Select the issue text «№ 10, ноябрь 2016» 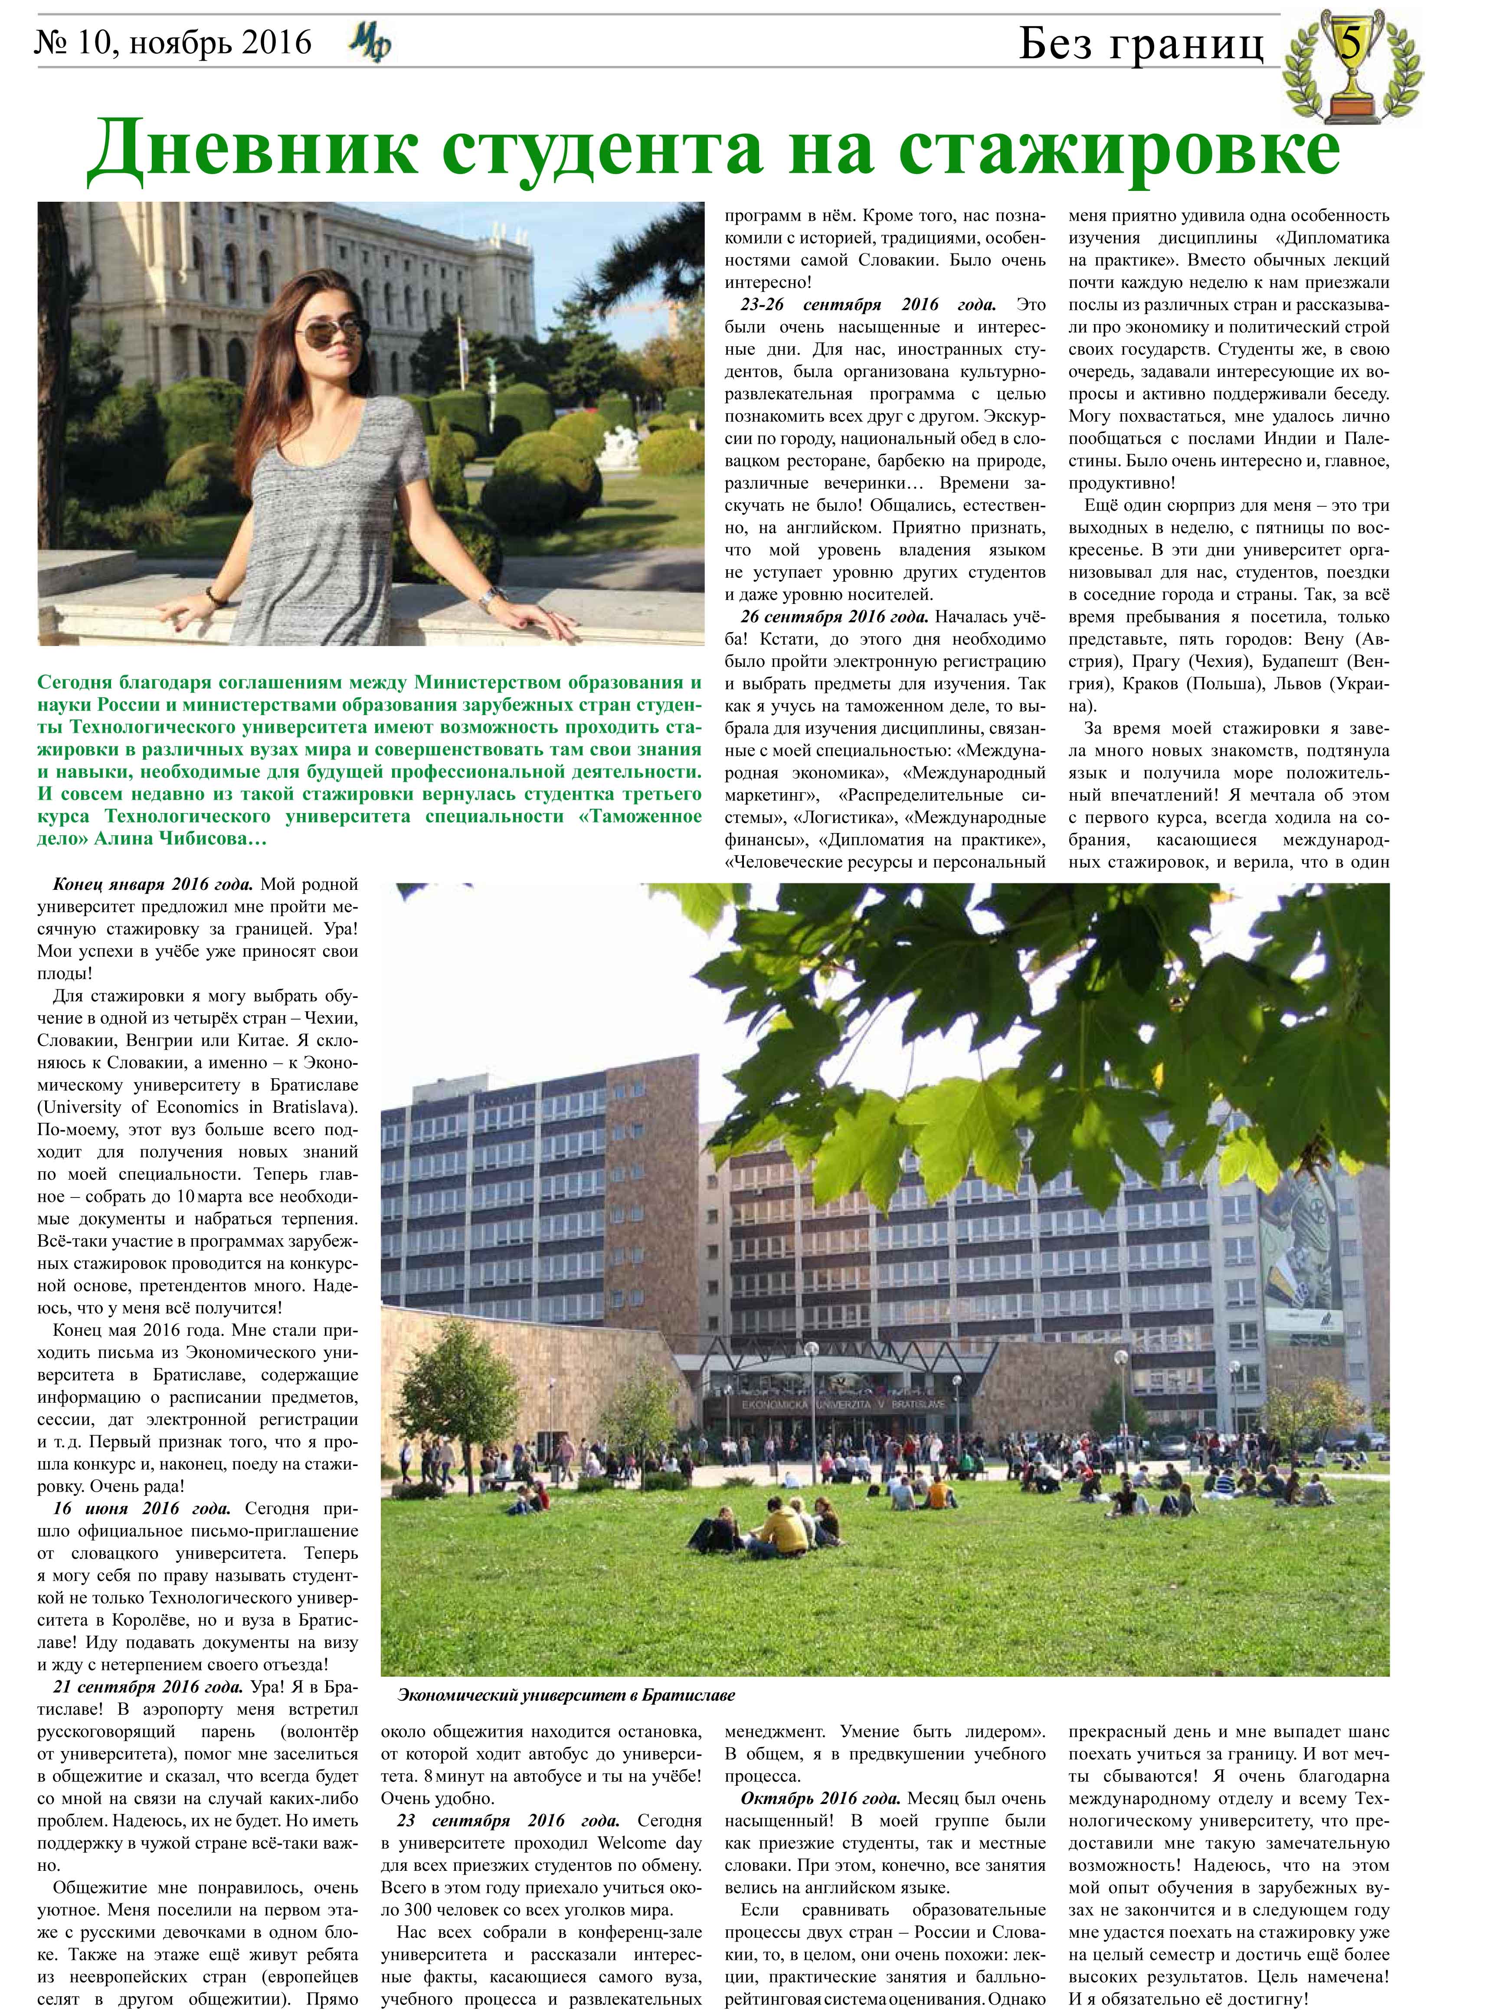172,43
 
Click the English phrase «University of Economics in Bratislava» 197,1108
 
